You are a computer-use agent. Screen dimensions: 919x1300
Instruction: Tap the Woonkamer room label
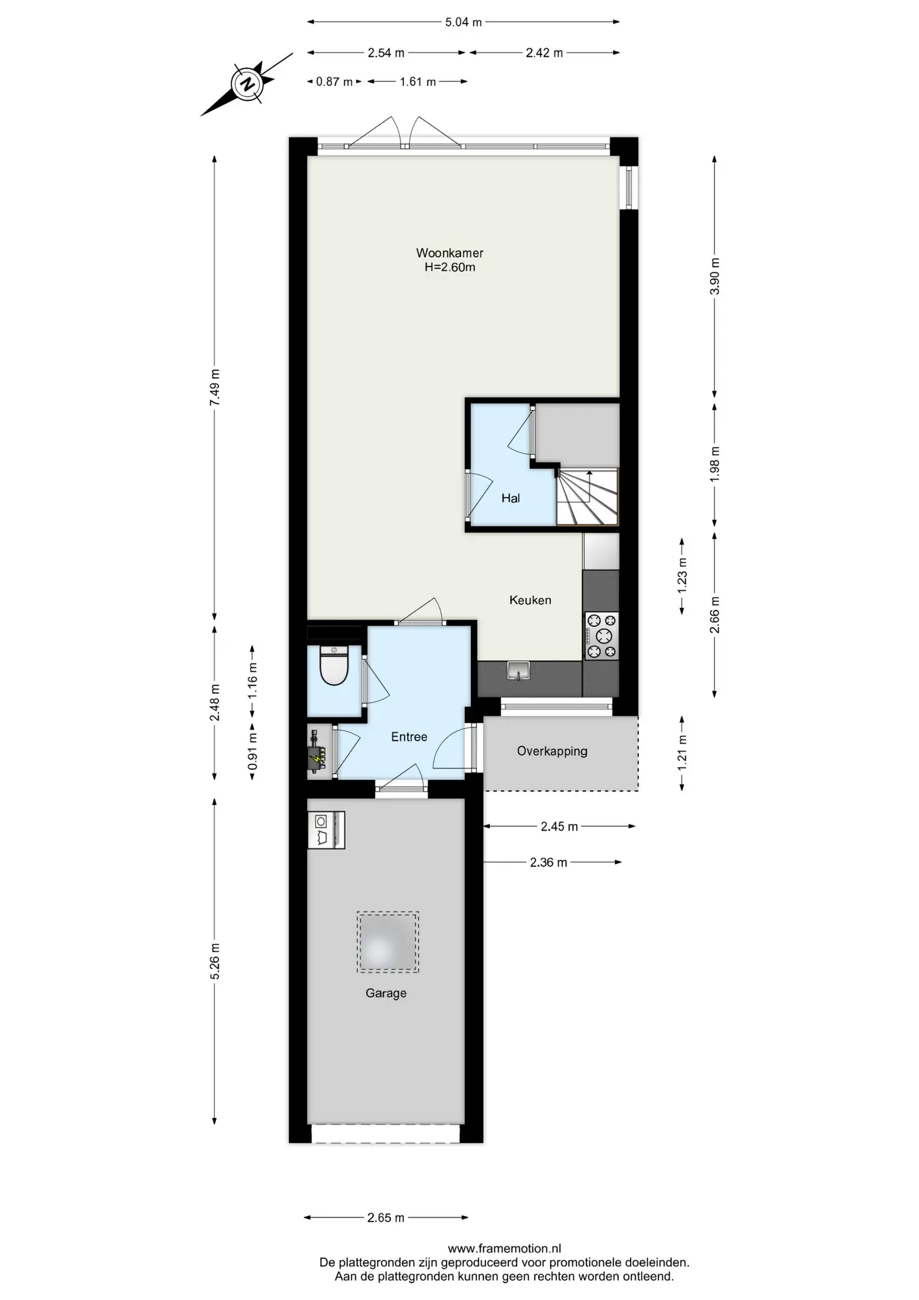pyautogui.click(x=449, y=253)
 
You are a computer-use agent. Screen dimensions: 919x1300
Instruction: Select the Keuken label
pyautogui.click(x=530, y=600)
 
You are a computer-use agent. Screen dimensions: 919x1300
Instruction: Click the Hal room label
pyautogui.click(x=510, y=498)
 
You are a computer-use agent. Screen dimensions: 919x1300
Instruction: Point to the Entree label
pyautogui.click(x=409, y=737)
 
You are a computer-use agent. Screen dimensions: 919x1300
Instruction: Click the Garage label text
pyautogui.click(x=386, y=993)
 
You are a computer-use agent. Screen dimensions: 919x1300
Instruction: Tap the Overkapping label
pyautogui.click(x=552, y=751)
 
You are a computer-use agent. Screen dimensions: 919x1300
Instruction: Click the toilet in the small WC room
pyautogui.click(x=334, y=665)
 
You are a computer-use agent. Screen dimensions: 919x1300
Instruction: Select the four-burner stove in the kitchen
pyautogui.click(x=602, y=636)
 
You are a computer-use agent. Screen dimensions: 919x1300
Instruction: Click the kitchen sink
pyautogui.click(x=519, y=671)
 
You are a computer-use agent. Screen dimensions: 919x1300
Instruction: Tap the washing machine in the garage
pyautogui.click(x=326, y=830)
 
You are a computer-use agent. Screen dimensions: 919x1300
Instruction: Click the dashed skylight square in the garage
pyautogui.click(x=388, y=942)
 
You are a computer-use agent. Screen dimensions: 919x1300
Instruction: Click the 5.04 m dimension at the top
pyautogui.click(x=464, y=22)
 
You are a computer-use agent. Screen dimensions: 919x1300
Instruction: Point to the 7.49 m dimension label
pyautogui.click(x=215, y=388)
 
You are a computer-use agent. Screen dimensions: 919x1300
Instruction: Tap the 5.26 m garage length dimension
pyautogui.click(x=215, y=961)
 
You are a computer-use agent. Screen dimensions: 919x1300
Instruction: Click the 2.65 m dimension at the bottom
pyautogui.click(x=386, y=1217)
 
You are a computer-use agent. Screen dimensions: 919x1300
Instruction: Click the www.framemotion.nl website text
pyautogui.click(x=504, y=1249)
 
